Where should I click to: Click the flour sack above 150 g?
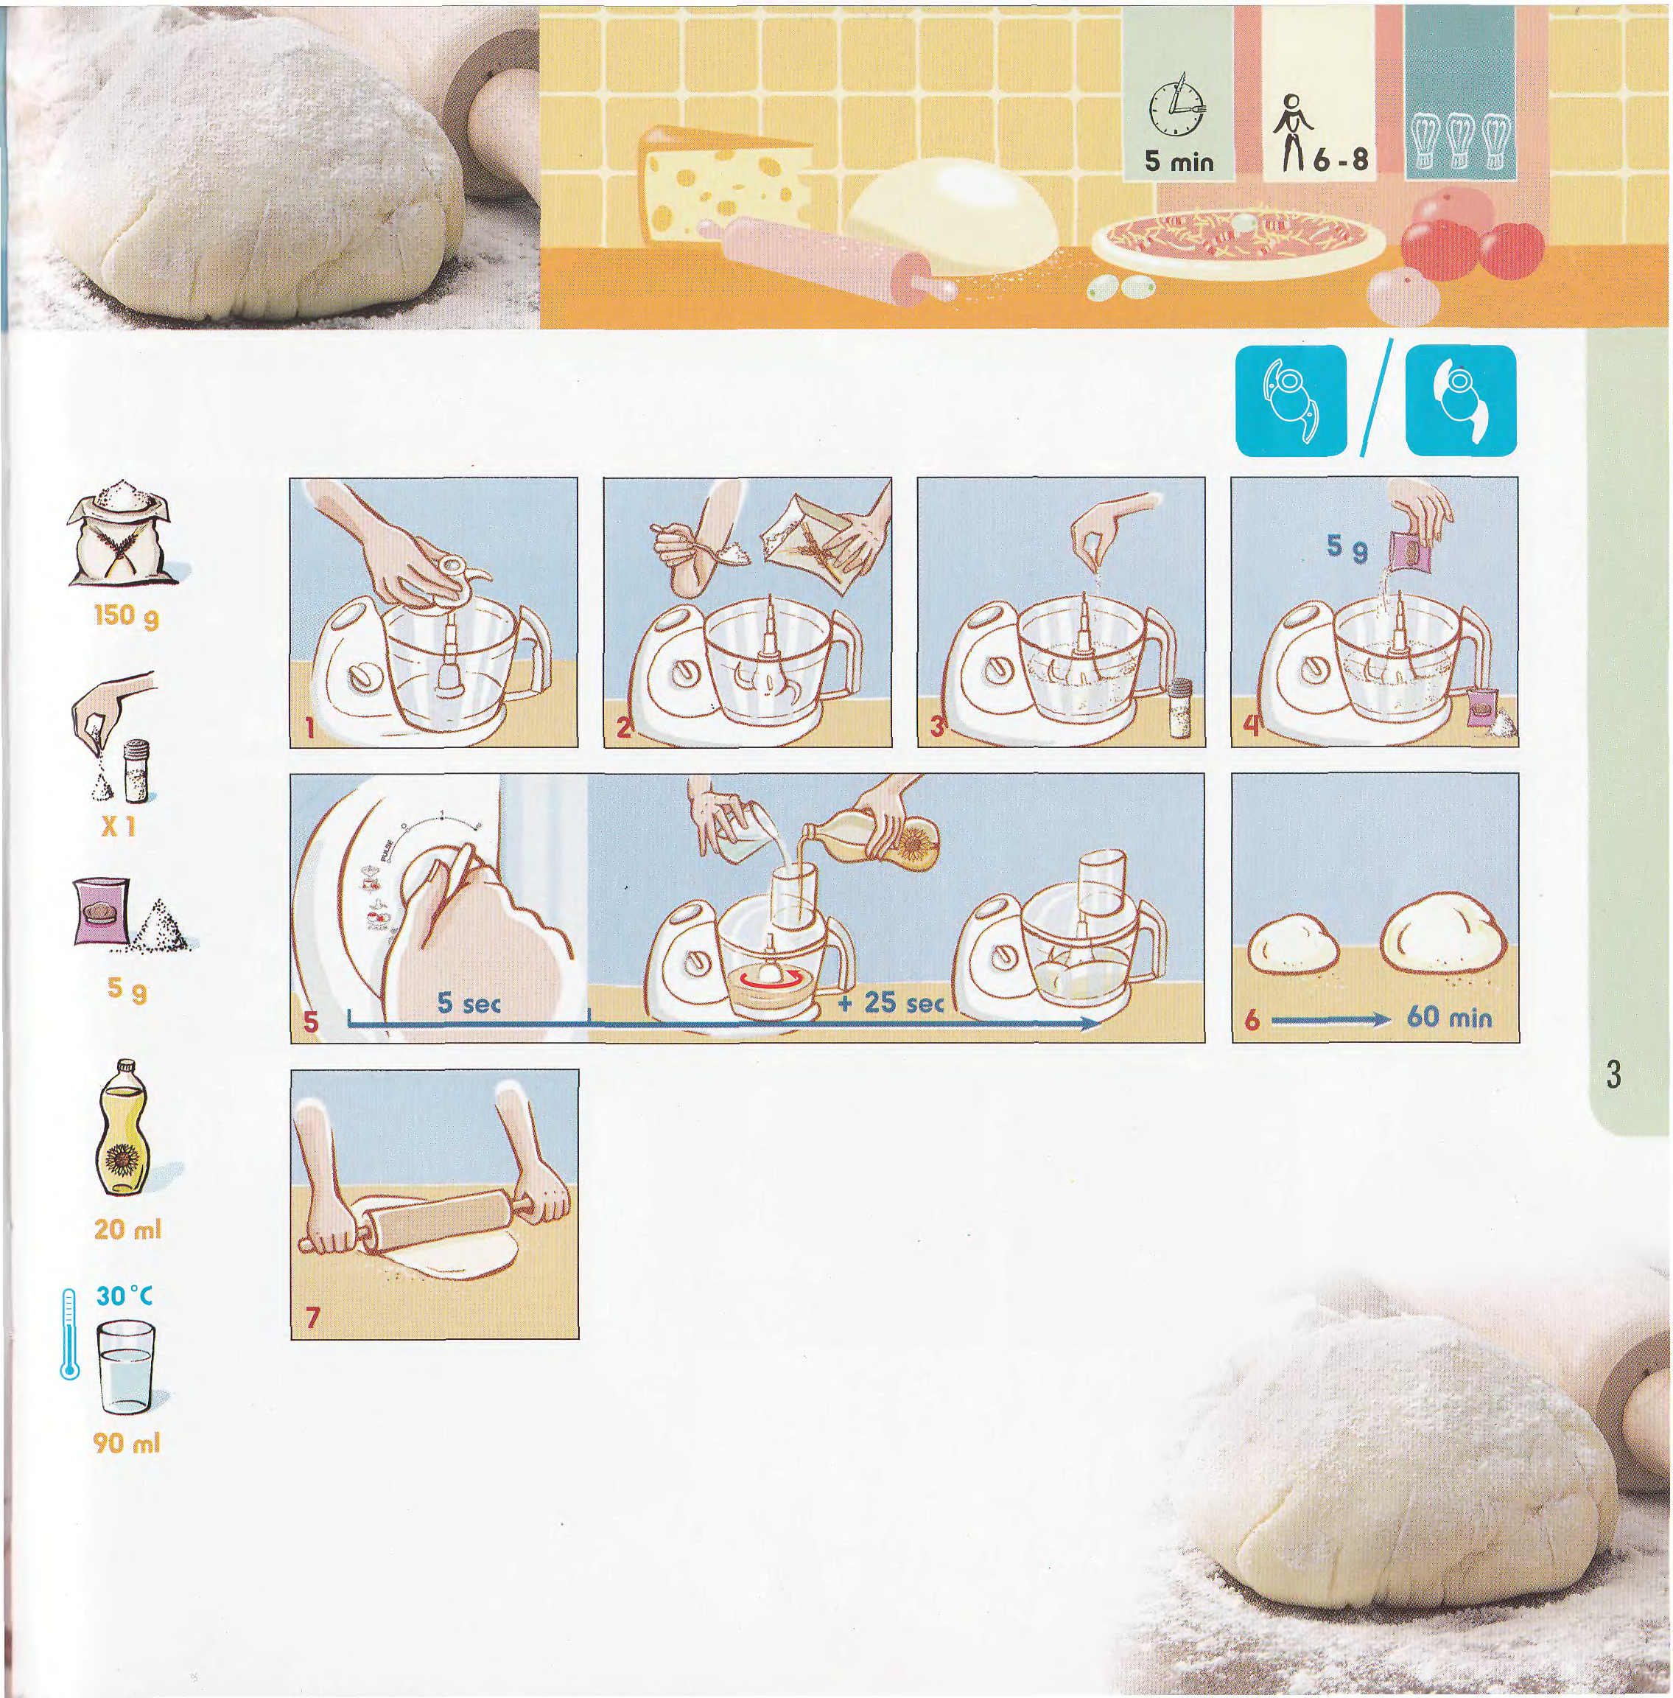[x=124, y=537]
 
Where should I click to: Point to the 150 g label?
[x=127, y=616]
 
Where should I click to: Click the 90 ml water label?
[x=127, y=1442]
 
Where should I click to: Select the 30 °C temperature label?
[x=124, y=1295]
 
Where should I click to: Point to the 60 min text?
[x=1449, y=1018]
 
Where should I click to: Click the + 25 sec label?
[x=890, y=1003]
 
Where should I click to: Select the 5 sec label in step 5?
[x=469, y=1003]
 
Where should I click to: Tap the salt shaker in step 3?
[x=1179, y=708]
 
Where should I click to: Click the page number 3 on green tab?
[x=1613, y=1075]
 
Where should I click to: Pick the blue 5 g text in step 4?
[x=1347, y=548]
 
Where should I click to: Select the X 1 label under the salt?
[x=118, y=825]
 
